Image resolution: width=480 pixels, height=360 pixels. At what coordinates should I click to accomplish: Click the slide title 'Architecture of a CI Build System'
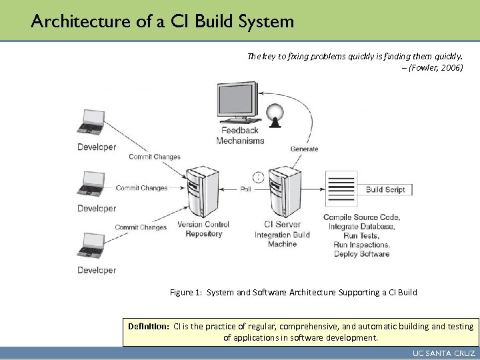(162, 21)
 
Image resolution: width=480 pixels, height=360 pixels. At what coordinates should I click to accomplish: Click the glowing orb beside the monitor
(275, 115)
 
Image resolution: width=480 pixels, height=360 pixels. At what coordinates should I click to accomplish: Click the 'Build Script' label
(385, 190)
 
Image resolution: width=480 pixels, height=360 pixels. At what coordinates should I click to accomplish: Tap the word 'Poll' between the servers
(246, 189)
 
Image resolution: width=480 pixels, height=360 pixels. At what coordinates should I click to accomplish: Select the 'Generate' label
(304, 149)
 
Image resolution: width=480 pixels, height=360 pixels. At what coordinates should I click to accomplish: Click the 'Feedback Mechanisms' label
(240, 136)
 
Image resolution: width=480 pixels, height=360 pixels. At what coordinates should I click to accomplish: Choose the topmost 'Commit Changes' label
(155, 157)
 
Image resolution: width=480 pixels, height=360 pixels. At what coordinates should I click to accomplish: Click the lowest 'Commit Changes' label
(141, 227)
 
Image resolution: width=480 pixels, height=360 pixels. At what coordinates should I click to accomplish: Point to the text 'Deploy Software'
(361, 254)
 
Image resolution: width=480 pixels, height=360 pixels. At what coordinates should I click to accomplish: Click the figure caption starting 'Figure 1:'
(293, 292)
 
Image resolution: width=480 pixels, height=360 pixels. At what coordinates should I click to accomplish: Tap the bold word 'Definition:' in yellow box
(149, 327)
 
